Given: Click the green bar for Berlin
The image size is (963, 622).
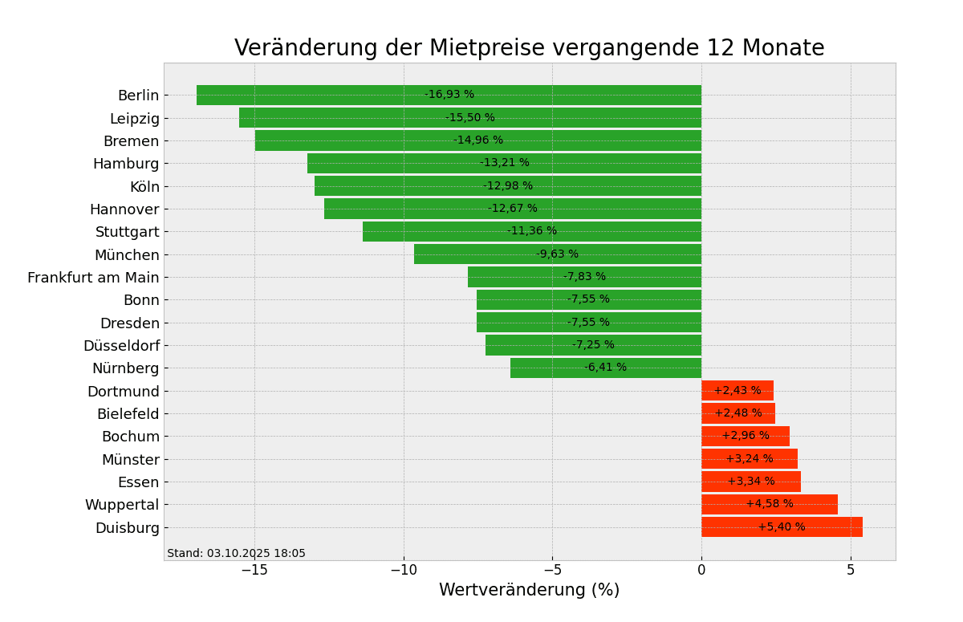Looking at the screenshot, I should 321,95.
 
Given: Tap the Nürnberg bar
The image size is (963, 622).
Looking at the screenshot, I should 554,368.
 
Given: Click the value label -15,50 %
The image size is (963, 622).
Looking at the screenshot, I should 470,118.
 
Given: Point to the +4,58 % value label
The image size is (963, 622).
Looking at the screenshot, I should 770,504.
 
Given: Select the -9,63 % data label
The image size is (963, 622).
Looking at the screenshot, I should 557,254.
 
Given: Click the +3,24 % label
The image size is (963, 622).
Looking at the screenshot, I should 750,459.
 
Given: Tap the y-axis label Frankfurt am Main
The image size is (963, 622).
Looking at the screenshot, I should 93,278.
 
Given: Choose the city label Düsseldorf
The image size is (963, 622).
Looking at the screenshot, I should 121,346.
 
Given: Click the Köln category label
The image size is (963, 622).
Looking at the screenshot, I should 144,187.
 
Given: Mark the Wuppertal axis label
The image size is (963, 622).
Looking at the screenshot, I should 122,505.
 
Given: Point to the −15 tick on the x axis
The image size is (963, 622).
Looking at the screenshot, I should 254,570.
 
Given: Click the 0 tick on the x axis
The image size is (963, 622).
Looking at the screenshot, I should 701,570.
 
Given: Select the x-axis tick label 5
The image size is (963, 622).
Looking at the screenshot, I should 851,570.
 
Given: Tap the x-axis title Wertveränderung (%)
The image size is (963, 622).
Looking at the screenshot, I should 529,591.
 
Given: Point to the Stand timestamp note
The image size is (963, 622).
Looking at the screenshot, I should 236,554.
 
